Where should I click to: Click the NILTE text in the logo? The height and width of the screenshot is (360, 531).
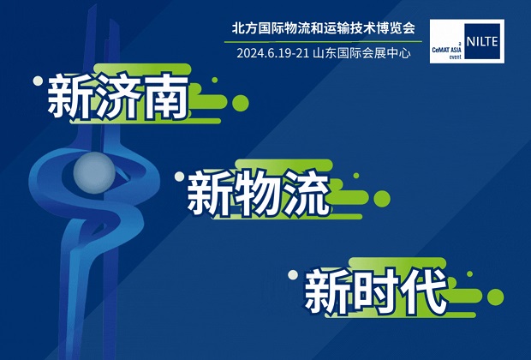tap(482, 42)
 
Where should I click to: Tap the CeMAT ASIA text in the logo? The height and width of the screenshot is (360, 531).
tap(447, 51)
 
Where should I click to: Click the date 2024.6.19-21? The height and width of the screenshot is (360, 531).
tap(273, 53)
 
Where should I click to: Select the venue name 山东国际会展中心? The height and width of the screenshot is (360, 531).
tap(362, 53)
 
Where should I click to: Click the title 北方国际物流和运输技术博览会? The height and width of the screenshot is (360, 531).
tap(324, 28)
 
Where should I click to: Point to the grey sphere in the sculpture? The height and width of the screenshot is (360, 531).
tap(94, 172)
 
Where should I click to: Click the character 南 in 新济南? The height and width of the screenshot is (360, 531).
tap(166, 98)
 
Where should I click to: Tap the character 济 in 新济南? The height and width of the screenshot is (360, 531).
tap(118, 98)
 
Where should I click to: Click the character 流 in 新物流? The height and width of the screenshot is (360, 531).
tap(307, 194)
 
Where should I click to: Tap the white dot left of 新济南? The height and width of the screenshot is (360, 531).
tap(38, 81)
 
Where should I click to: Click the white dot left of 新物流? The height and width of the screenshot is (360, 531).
tap(179, 177)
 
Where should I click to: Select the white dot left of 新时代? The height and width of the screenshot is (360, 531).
tap(293, 275)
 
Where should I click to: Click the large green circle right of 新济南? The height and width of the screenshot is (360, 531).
tap(241, 103)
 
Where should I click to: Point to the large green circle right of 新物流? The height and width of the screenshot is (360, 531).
tap(382, 199)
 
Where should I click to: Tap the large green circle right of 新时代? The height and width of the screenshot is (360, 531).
tap(495, 297)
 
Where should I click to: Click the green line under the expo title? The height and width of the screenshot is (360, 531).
tap(323, 42)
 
